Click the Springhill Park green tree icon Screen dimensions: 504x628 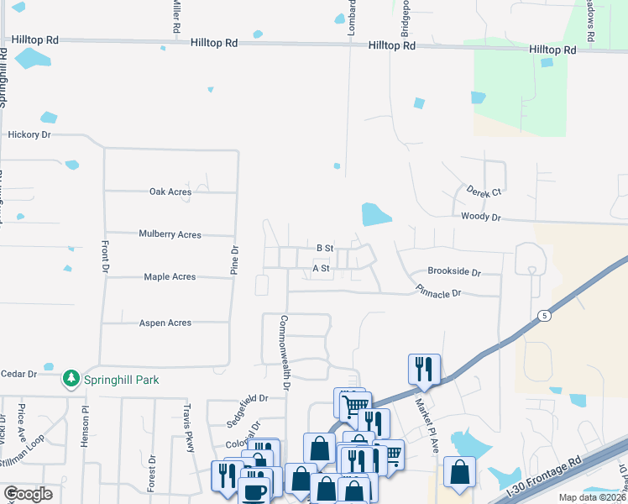coord(73,380)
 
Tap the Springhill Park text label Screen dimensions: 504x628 coord(121,380)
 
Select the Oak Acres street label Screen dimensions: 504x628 coord(170,192)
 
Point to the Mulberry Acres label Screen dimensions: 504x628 coord(170,234)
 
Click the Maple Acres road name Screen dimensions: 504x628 coord(170,276)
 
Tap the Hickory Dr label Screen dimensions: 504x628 coord(29,134)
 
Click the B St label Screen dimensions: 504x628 coord(325,248)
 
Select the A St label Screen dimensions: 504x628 coord(321,269)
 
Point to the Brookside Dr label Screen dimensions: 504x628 coord(453,272)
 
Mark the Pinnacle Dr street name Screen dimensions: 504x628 coord(438,292)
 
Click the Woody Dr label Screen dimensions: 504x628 coord(480,217)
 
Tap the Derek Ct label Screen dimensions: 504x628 coord(484,192)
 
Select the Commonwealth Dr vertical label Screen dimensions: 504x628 coord(285,353)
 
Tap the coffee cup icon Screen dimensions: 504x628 coord(255,490)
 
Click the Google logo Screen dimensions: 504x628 coord(28,494)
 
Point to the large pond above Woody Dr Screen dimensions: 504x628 coord(375,214)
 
